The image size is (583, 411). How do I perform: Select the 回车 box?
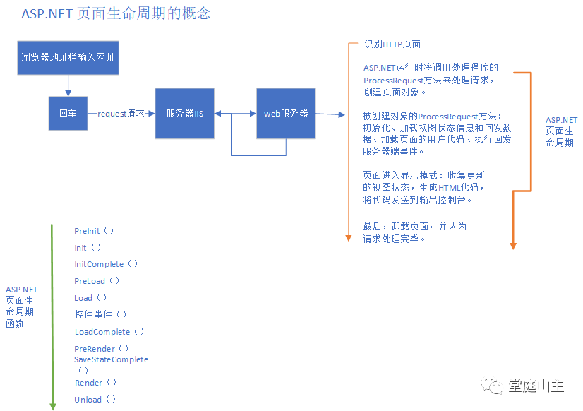click(x=68, y=113)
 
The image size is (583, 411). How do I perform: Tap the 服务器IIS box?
click(x=185, y=113)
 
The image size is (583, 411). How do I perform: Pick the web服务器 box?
click(x=286, y=113)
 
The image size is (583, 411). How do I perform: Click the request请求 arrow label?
click(x=121, y=113)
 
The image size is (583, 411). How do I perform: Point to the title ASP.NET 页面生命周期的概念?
click(x=116, y=13)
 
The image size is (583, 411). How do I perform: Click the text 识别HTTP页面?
click(x=392, y=44)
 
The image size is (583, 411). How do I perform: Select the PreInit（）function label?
click(x=94, y=231)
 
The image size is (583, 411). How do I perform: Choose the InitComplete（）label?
click(x=106, y=264)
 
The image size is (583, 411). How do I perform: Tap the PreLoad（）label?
click(x=97, y=281)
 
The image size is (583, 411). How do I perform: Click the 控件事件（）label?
click(x=101, y=314)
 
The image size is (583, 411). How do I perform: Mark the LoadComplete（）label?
click(x=109, y=332)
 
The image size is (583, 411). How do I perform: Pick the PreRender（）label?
click(x=102, y=349)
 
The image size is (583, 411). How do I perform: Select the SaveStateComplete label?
click(x=112, y=359)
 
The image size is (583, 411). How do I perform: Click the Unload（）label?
click(x=95, y=400)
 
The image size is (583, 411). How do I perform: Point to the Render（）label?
click(x=95, y=383)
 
